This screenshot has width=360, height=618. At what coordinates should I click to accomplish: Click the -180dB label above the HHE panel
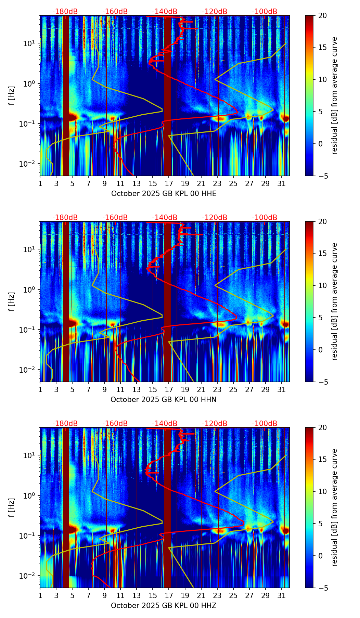(65, 12)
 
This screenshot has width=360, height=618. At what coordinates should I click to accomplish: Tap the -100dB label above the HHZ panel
(265, 424)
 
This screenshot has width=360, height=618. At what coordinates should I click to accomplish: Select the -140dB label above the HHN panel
(165, 218)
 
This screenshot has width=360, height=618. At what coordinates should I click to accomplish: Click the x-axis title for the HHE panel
(164, 194)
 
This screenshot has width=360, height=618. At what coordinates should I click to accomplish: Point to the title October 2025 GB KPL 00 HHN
(164, 400)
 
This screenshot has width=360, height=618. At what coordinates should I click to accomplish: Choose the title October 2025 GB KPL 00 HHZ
(164, 606)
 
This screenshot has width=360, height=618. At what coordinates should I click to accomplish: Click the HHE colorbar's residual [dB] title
(335, 95)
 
